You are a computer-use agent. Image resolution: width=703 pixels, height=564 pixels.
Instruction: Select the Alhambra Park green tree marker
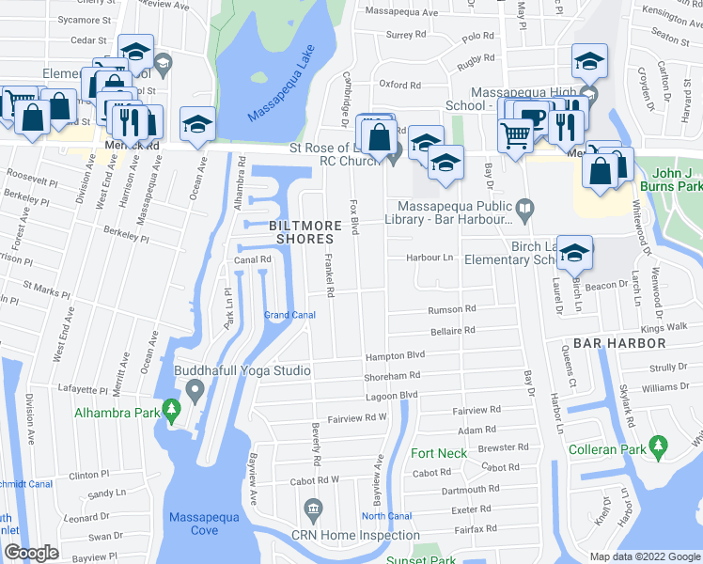[x=171, y=409]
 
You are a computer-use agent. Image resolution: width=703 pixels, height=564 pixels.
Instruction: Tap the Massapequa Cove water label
[x=206, y=524]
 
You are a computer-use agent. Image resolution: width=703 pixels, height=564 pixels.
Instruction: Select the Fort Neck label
[x=439, y=453]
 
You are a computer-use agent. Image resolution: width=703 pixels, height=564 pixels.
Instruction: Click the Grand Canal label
[x=289, y=315]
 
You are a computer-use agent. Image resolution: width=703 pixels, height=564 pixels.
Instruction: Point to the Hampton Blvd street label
[x=396, y=355]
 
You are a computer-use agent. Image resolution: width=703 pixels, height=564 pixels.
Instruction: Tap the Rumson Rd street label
[x=452, y=309]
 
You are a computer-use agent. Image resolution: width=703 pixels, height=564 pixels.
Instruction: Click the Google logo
[x=31, y=553]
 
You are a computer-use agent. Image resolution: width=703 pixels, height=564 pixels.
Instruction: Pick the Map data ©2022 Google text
[x=644, y=556]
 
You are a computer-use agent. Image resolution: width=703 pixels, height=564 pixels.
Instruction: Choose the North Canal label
[x=386, y=516]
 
